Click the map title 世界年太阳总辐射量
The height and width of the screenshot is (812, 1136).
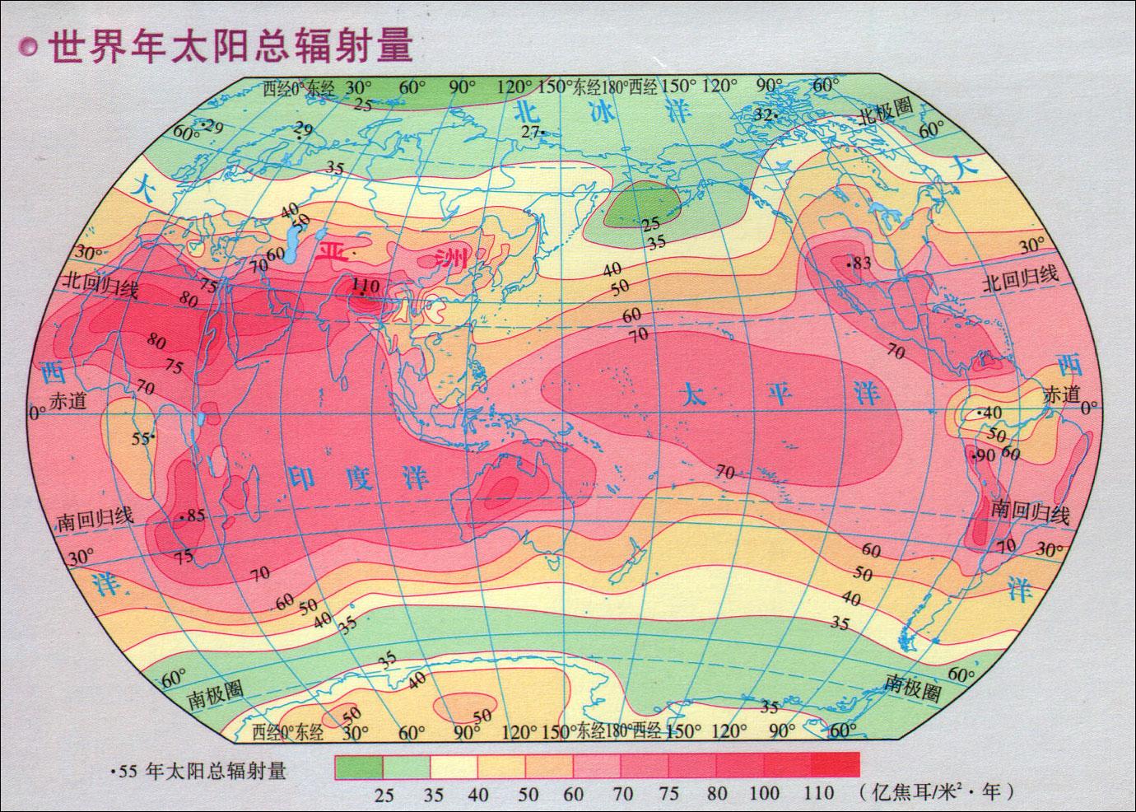tap(230, 47)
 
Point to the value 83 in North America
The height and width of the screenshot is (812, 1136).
tap(861, 264)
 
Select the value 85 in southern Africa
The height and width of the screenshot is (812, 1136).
tap(194, 516)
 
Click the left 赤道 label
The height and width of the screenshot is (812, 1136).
tap(68, 401)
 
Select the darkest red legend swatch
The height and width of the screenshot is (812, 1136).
tap(836, 766)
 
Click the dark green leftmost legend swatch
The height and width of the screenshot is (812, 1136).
tap(358, 766)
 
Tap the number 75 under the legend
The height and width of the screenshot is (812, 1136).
tap(668, 793)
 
